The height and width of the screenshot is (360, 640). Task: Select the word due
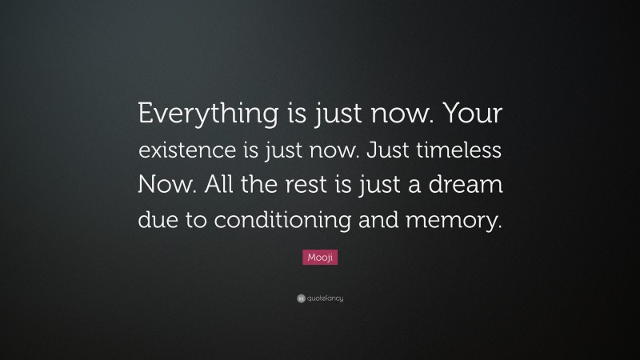point(158,219)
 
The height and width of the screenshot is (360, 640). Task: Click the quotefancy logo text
point(325,298)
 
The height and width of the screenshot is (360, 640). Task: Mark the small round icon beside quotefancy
point(299,298)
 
